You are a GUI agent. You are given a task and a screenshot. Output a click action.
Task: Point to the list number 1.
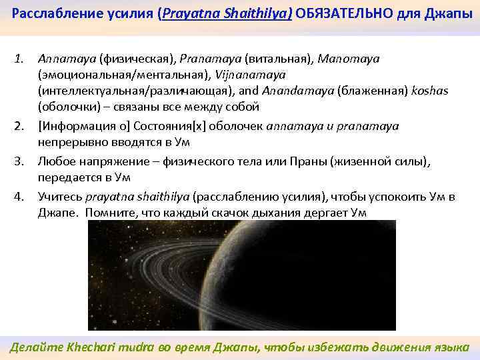(x=20, y=59)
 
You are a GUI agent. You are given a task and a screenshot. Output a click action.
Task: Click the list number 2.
(x=20, y=125)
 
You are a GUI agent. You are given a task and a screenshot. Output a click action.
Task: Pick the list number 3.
(x=20, y=161)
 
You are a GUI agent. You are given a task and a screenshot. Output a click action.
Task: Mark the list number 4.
(x=20, y=197)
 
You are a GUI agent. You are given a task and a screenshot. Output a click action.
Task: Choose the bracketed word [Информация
(x=71, y=125)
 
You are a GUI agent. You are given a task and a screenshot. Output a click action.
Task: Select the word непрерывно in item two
(x=68, y=141)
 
